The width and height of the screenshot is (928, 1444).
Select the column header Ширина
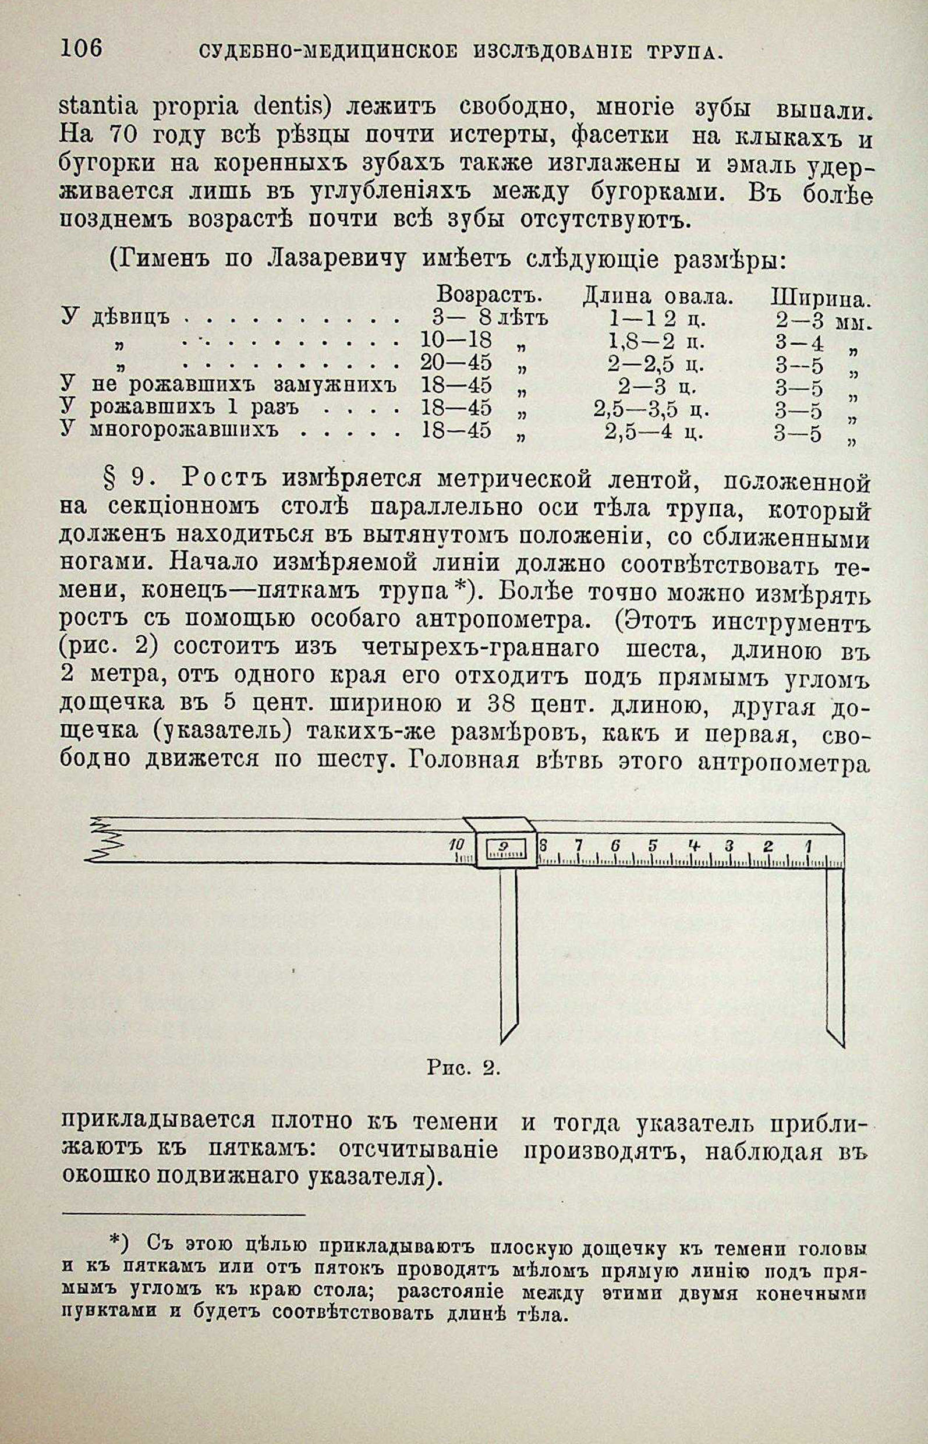[821, 298]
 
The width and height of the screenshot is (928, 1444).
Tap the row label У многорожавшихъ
[171, 430]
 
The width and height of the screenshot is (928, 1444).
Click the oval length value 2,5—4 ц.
[654, 433]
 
